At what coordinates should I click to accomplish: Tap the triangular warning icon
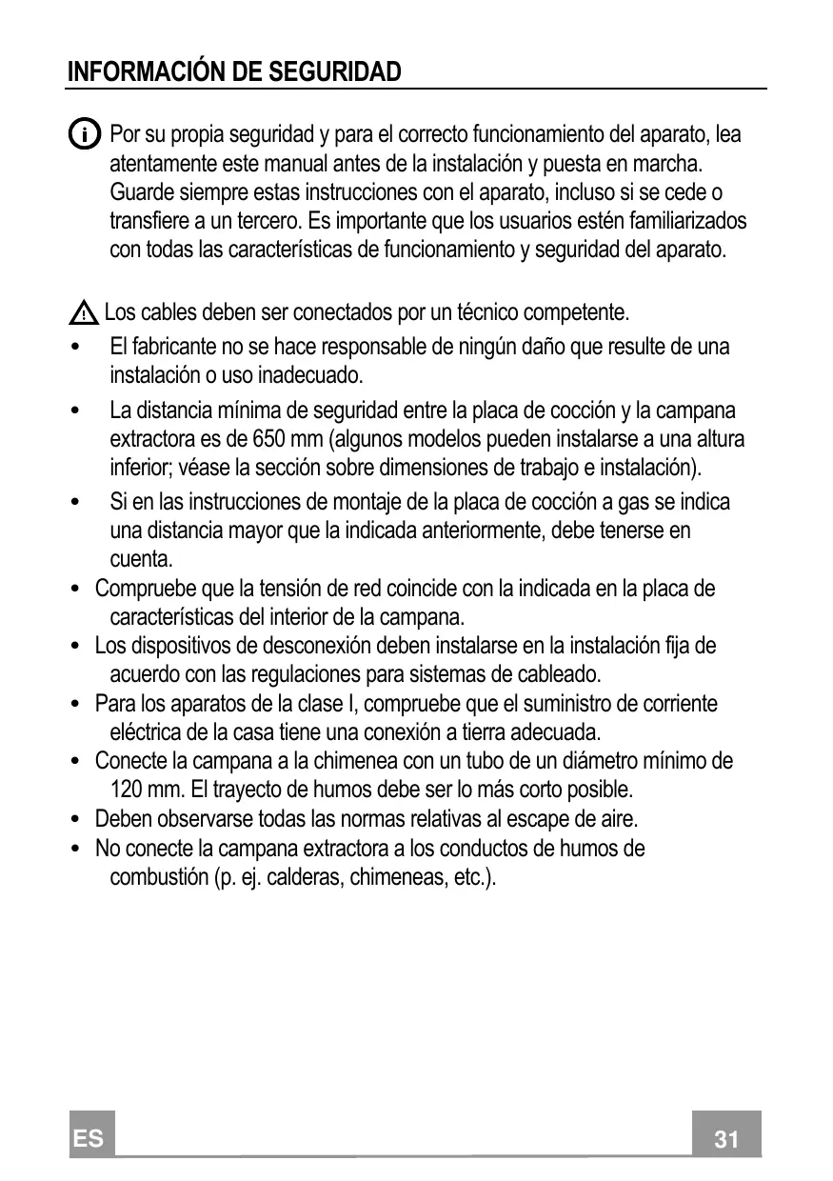pyautogui.click(x=84, y=311)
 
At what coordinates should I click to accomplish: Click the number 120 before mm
pyautogui.click(x=129, y=790)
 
